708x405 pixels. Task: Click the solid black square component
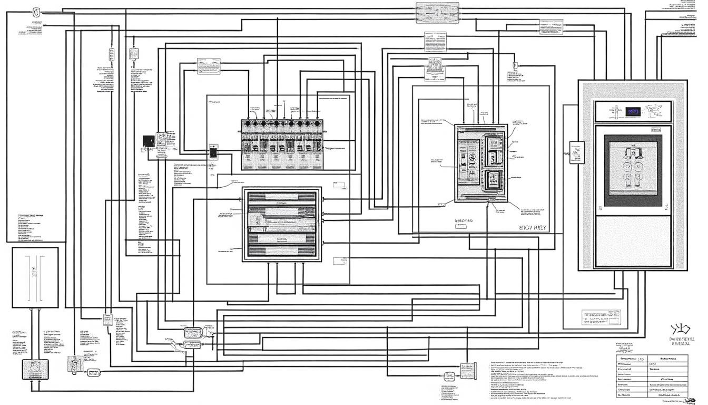click(x=149, y=141)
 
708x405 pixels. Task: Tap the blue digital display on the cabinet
click(x=633, y=111)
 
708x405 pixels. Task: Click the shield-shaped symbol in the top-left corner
click(x=36, y=11)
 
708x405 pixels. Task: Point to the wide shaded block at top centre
click(x=437, y=13)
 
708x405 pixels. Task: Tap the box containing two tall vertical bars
click(x=35, y=277)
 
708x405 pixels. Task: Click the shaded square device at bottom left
click(x=31, y=368)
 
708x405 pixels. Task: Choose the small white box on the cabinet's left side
click(x=578, y=153)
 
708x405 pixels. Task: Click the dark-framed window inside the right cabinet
click(x=632, y=170)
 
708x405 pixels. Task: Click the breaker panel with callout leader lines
click(x=481, y=163)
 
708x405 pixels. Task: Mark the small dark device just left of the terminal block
click(x=213, y=152)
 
